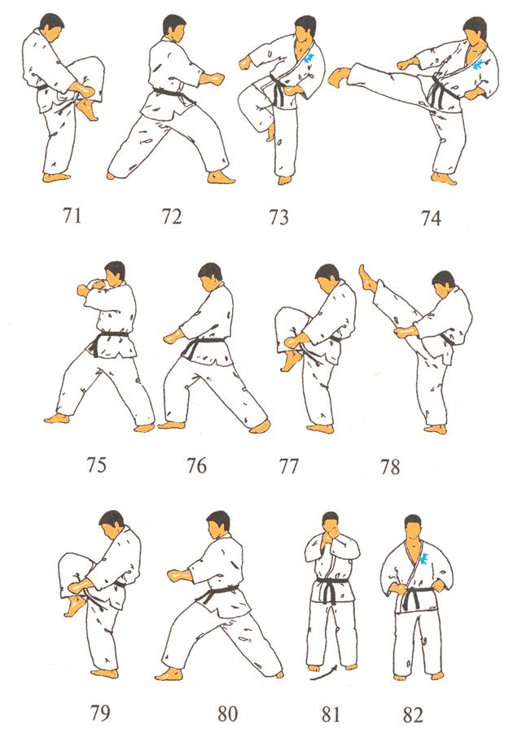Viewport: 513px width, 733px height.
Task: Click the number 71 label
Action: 72,215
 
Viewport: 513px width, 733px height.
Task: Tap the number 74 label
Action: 431,218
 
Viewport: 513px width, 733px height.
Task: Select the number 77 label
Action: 288,465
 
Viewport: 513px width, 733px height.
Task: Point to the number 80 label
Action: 227,713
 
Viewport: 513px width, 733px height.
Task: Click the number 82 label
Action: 412,715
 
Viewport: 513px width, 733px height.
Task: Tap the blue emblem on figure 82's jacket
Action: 425,558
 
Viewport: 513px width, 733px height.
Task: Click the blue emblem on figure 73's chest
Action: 309,59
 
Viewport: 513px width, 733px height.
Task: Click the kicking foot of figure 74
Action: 338,76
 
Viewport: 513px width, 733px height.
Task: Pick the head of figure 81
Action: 331,525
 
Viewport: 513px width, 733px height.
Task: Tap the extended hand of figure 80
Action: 180,574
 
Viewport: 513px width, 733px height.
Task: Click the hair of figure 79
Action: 113,518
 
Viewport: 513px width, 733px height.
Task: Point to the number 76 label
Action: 196,465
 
